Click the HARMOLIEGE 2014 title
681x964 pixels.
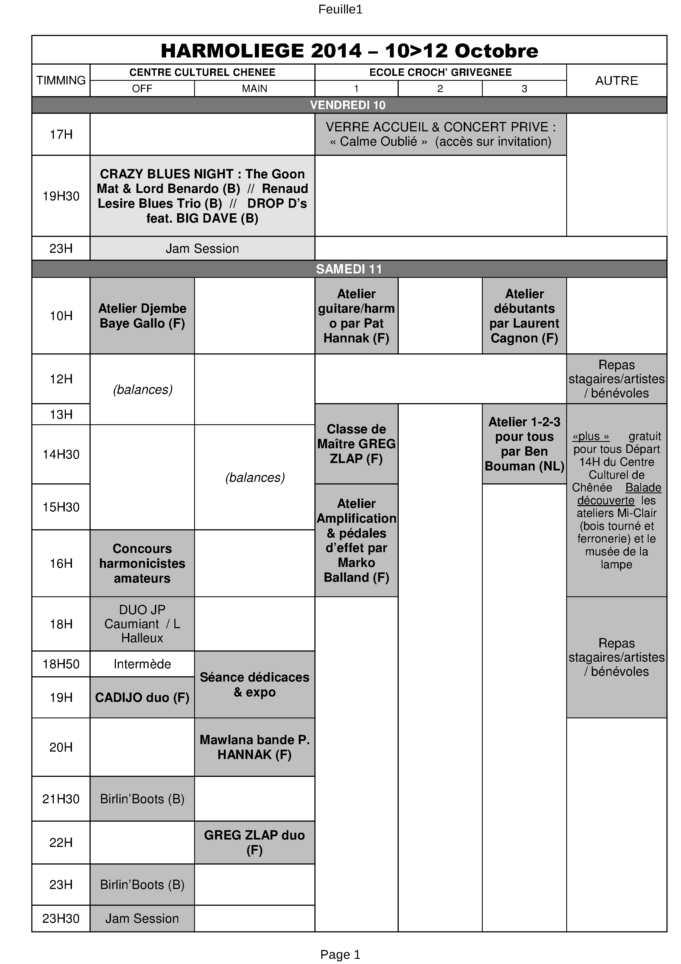click(349, 51)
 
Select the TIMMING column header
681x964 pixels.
click(61, 80)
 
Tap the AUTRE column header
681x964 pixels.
click(616, 80)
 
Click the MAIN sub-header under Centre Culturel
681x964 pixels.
click(254, 88)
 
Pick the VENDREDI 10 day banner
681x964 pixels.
click(348, 105)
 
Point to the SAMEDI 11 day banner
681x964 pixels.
click(349, 269)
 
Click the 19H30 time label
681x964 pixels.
click(61, 196)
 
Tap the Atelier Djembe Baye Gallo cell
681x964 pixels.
click(142, 316)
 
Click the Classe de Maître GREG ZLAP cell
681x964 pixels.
click(356, 444)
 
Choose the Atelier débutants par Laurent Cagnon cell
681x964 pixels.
click(524, 316)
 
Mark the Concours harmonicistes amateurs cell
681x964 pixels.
click(142, 563)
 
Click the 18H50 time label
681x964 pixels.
click(61, 664)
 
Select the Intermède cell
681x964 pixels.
click(142, 664)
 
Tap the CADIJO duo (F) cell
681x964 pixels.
click(142, 697)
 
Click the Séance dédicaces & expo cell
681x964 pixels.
click(254, 684)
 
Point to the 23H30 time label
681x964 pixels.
click(61, 918)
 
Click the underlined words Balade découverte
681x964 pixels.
click(619, 494)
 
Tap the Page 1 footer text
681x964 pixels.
click(340, 954)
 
